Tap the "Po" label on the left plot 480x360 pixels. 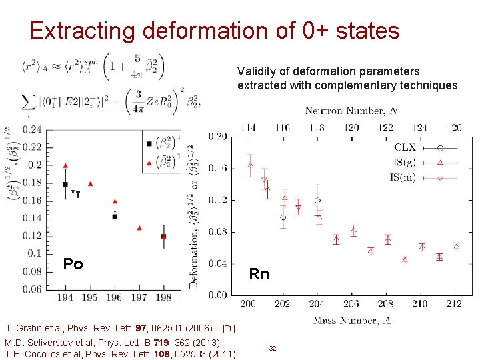pyautogui.click(x=73, y=264)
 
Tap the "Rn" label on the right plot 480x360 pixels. pyautogui.click(x=259, y=274)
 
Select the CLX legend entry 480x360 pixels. pyautogui.click(x=405, y=147)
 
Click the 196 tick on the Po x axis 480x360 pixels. pyautogui.click(x=115, y=297)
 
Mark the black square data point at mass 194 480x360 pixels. pyautogui.click(x=65, y=184)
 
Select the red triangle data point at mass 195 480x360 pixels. pyautogui.click(x=90, y=183)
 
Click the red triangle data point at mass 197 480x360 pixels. pyautogui.click(x=139, y=228)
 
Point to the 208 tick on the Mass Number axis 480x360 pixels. pyautogui.click(x=387, y=304)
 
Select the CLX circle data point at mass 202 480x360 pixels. pyautogui.click(x=283, y=217)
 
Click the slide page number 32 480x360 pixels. pyautogui.click(x=273, y=349)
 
